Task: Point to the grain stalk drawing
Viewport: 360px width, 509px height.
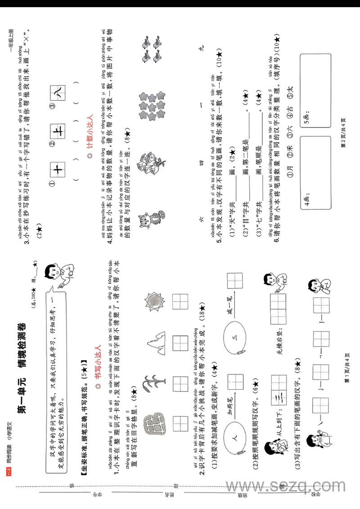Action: [154, 380]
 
